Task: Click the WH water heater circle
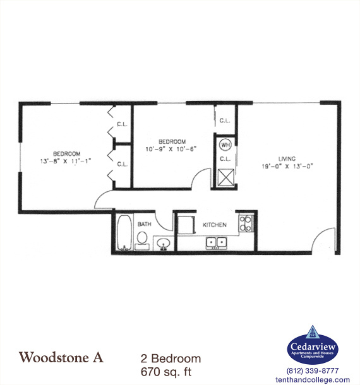(225, 144)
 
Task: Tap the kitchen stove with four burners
(244, 222)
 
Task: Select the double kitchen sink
(217, 242)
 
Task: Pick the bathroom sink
(163, 242)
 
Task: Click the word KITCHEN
(215, 225)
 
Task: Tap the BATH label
(145, 224)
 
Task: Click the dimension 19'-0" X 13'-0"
(287, 167)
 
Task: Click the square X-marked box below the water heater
(225, 176)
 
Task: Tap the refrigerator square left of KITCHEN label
(185, 224)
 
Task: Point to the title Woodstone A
(61, 357)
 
